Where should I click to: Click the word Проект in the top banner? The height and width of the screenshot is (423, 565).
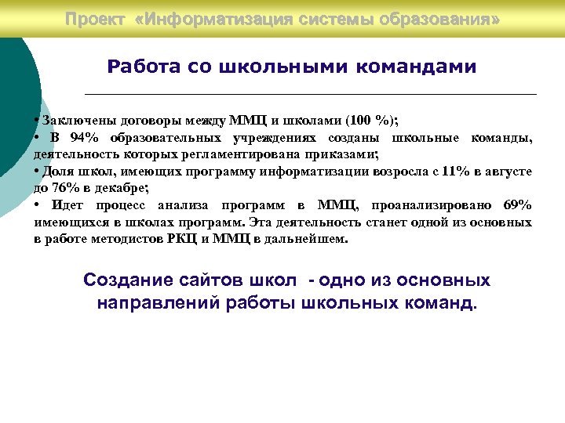(95, 18)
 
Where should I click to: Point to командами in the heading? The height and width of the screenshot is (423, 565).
(415, 67)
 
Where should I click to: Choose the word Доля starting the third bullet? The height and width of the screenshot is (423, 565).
(58, 171)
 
